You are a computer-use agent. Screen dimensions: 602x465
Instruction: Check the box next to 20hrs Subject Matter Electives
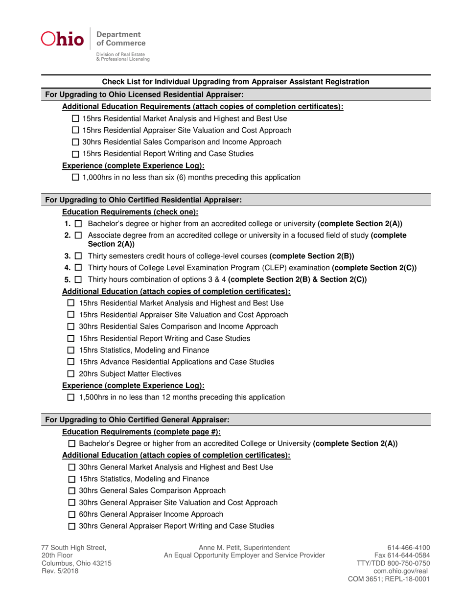point(71,374)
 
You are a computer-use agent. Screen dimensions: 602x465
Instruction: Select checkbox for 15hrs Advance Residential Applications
point(71,362)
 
